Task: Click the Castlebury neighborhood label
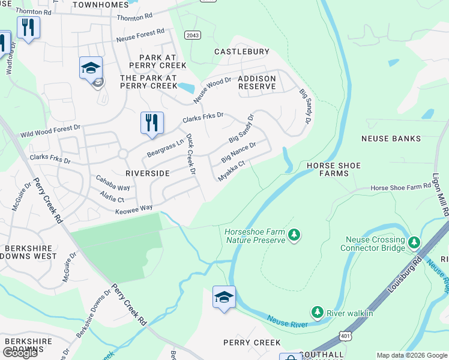point(242,52)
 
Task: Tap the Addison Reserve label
point(257,83)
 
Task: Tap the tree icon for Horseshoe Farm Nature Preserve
point(294,234)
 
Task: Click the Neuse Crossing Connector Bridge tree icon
point(414,242)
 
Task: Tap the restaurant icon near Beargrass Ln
point(152,122)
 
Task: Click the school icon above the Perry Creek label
point(224,297)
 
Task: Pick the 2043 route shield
point(192,35)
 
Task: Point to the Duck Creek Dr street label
point(190,154)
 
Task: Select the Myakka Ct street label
point(232,170)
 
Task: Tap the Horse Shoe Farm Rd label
point(396,188)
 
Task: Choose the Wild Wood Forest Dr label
point(50,131)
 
